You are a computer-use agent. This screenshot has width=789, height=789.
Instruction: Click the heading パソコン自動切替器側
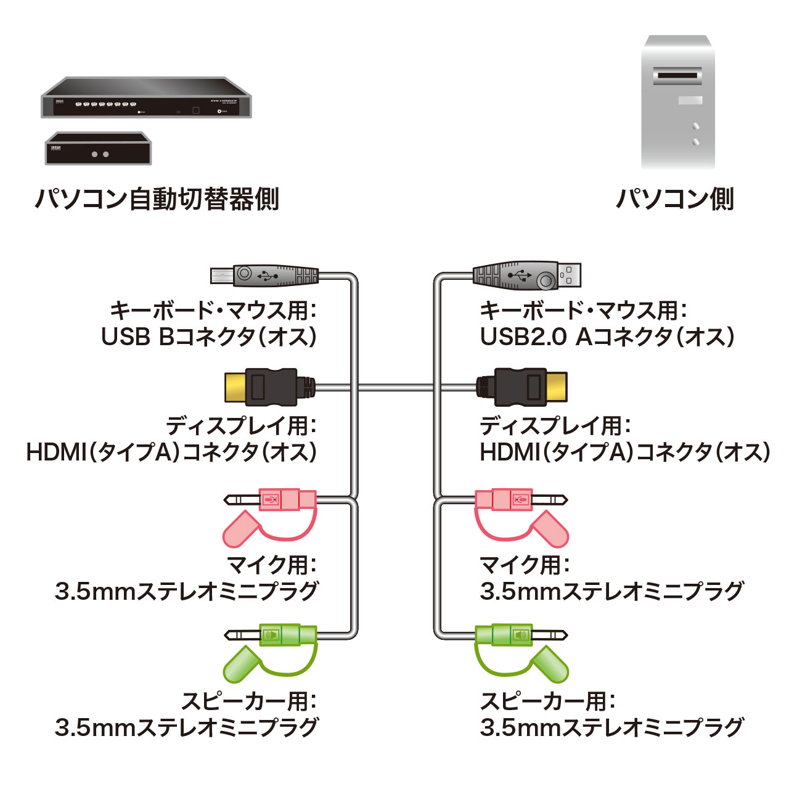pyautogui.click(x=157, y=199)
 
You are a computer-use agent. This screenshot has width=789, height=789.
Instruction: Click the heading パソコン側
pyautogui.click(x=675, y=199)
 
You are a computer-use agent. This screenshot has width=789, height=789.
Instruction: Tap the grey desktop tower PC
pyautogui.click(x=677, y=102)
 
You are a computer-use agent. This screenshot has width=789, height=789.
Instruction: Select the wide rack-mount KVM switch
pyautogui.click(x=146, y=99)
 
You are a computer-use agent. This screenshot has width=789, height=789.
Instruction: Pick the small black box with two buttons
pyautogui.click(x=98, y=149)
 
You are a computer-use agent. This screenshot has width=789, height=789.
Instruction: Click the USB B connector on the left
pyautogui.click(x=265, y=275)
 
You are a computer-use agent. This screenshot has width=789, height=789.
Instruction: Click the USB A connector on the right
pyautogui.click(x=527, y=276)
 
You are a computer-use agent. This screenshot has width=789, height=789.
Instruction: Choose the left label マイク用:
pyautogui.click(x=271, y=564)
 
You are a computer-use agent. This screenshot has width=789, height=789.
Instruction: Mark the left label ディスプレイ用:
pyautogui.click(x=240, y=425)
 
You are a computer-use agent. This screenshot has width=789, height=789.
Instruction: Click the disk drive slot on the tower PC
pyautogui.click(x=677, y=76)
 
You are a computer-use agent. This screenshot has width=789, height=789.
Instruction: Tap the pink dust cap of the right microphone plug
pyautogui.click(x=550, y=528)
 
